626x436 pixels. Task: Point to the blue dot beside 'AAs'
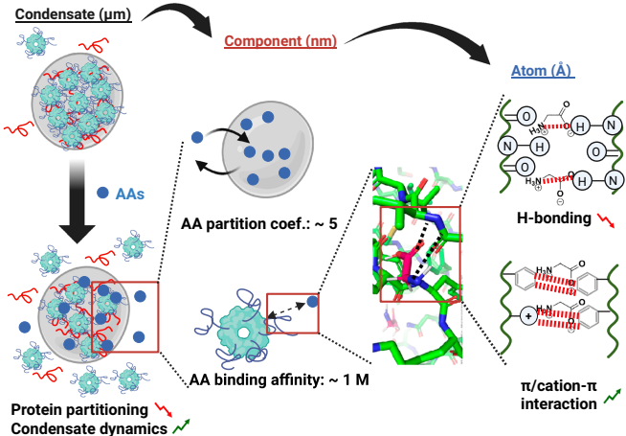[x=102, y=193]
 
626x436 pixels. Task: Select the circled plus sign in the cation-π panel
[x=527, y=315]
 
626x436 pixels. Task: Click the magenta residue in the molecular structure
[x=413, y=261]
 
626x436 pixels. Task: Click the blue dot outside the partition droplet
[x=196, y=138]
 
